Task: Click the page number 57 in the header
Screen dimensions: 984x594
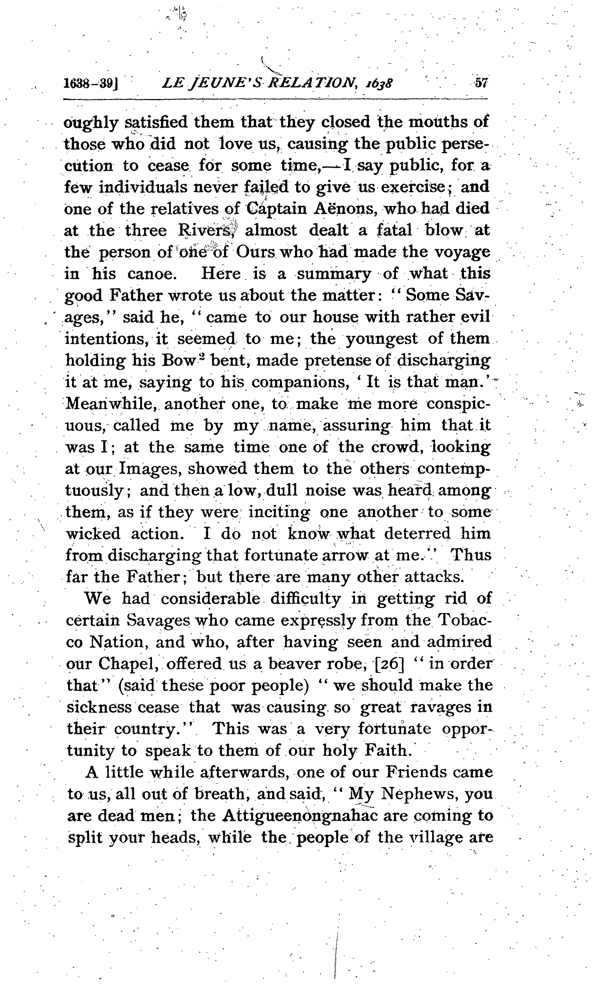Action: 480,83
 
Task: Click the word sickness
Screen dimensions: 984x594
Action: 100,707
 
